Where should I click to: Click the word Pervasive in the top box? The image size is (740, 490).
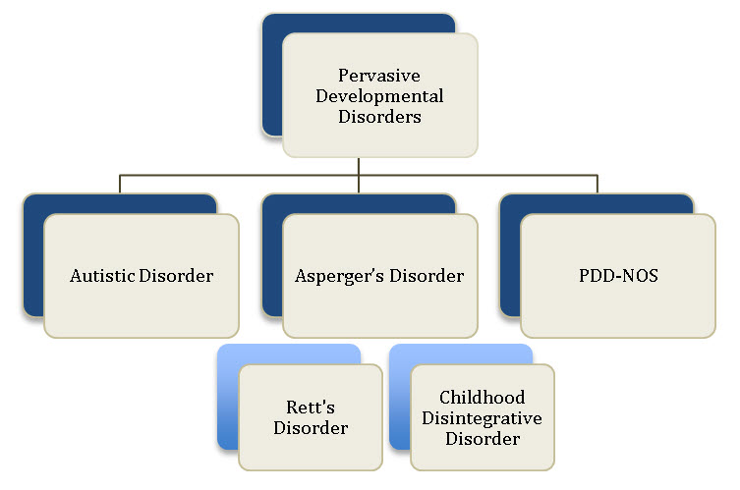[379, 76]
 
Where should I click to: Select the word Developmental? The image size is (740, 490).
[379, 96]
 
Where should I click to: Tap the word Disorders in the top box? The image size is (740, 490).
[379, 117]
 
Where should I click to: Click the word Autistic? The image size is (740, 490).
[102, 275]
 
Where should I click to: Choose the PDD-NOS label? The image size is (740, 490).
[618, 275]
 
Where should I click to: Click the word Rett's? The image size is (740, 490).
[311, 407]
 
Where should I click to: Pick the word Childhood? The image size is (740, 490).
[482, 397]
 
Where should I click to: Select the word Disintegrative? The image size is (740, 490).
[482, 418]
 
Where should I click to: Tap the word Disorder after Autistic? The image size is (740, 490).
[177, 275]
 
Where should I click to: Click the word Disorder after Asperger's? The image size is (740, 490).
[427, 275]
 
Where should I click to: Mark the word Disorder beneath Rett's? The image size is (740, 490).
[311, 428]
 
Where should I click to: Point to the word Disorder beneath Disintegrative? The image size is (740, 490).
[483, 439]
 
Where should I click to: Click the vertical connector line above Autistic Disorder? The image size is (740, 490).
[120, 184]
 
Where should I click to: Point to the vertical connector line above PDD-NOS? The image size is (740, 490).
[598, 184]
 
